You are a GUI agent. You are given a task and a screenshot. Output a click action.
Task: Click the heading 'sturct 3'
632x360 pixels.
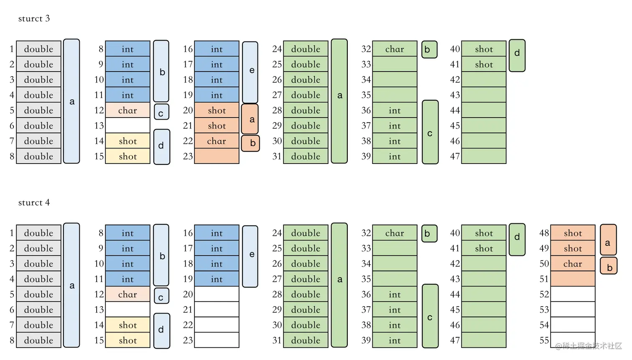34,18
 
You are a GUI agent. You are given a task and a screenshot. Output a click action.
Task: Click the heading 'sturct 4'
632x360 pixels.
34,202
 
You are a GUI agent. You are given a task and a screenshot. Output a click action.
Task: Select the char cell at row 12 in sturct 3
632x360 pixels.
127,110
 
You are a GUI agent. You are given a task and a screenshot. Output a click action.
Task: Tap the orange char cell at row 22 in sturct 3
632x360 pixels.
217,141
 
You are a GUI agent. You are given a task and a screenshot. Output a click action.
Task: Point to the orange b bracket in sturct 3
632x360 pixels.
250,143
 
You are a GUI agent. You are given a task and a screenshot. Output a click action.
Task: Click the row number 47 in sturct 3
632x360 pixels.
455,156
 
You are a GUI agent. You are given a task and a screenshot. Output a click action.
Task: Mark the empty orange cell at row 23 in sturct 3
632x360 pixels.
217,156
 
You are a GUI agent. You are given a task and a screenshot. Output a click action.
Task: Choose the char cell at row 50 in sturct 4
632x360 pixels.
573,264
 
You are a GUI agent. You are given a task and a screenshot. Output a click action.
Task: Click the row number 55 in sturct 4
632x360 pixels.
544,340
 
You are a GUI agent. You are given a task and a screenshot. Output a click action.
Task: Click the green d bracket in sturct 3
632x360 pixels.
517,56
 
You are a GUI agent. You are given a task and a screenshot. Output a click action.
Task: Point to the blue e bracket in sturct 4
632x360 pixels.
250,256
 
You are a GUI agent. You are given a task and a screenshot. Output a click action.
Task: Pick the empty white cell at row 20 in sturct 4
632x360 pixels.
217,294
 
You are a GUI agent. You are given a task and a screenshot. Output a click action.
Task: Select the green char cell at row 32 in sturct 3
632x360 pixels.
395,49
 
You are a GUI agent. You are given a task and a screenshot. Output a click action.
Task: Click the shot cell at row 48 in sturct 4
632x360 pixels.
573,233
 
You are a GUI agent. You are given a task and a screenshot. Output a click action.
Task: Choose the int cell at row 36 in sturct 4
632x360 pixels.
395,294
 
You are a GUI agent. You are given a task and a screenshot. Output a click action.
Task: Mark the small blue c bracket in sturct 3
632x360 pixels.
161,112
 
